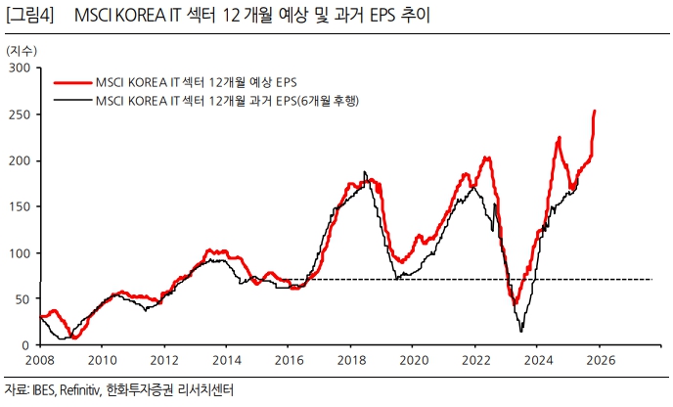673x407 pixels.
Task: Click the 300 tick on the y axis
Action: (20, 68)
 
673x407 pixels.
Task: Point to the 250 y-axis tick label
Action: (20, 113)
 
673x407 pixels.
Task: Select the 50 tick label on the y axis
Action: (22, 299)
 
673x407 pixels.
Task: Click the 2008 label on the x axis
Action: (39, 359)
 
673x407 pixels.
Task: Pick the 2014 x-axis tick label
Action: (226, 359)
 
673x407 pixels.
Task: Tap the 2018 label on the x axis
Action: (350, 359)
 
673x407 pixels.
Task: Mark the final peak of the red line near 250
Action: (595, 112)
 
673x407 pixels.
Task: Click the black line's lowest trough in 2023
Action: (521, 331)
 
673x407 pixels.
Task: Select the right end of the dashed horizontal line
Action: (651, 280)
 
